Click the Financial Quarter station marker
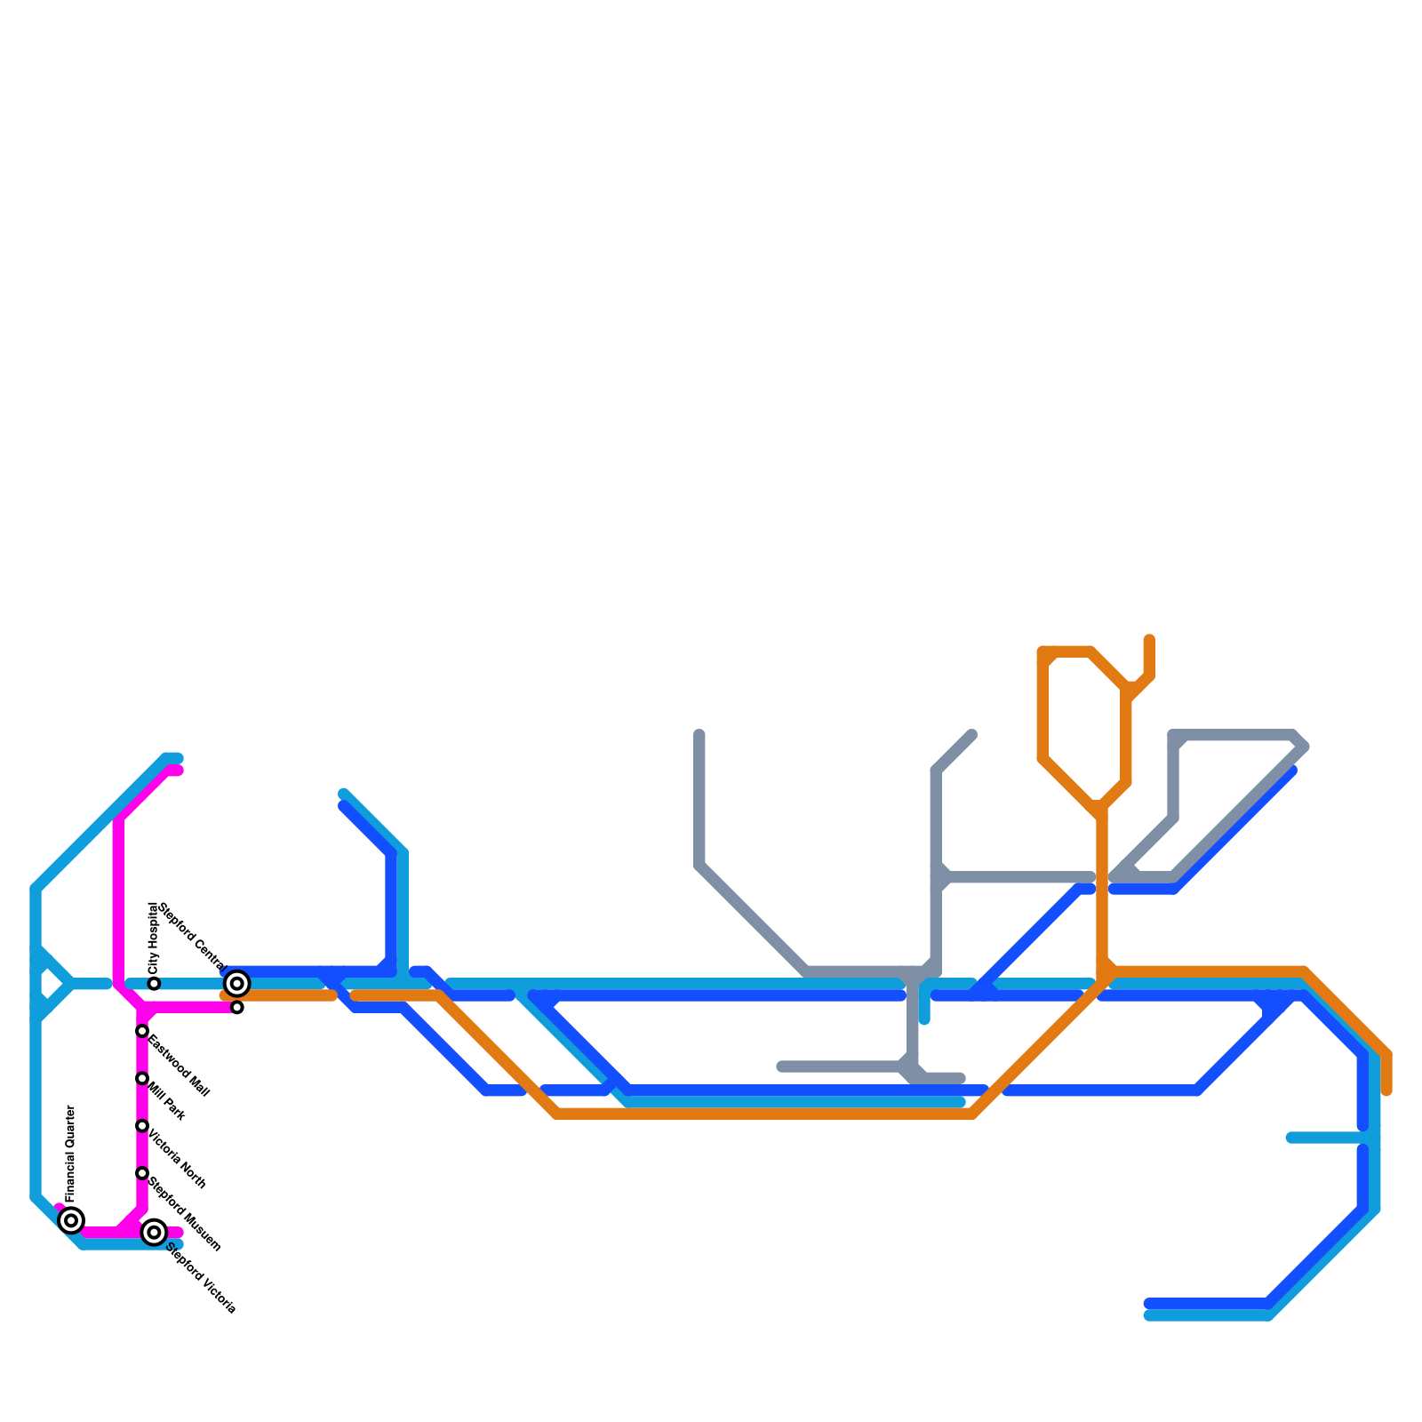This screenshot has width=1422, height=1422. pyautogui.click(x=71, y=1220)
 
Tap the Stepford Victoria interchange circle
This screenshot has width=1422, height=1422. pyautogui.click(x=154, y=1232)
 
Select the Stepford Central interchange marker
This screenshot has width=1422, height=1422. pyautogui.click(x=236, y=983)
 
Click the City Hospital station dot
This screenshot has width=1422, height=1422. pyautogui.click(x=154, y=984)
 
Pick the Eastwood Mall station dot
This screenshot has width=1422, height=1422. pyautogui.click(x=142, y=1031)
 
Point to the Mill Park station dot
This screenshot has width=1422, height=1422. pyautogui.click(x=142, y=1078)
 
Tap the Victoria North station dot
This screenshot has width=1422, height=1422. pyautogui.click(x=142, y=1126)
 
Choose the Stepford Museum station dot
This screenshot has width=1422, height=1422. pyautogui.click(x=142, y=1173)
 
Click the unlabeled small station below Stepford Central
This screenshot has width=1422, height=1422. pyautogui.click(x=237, y=1007)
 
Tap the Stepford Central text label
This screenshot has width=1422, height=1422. pyautogui.click(x=192, y=936)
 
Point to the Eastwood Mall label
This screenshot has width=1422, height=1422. pyautogui.click(x=179, y=1066)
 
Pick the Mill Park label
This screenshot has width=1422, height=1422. pyautogui.click(x=167, y=1101)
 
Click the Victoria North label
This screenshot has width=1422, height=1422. pyautogui.click(x=177, y=1159)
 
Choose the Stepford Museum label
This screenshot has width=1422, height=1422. pyautogui.click(x=184, y=1214)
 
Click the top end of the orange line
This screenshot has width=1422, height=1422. pyautogui.click(x=1149, y=640)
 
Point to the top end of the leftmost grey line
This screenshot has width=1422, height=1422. pyautogui.click(x=699, y=735)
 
